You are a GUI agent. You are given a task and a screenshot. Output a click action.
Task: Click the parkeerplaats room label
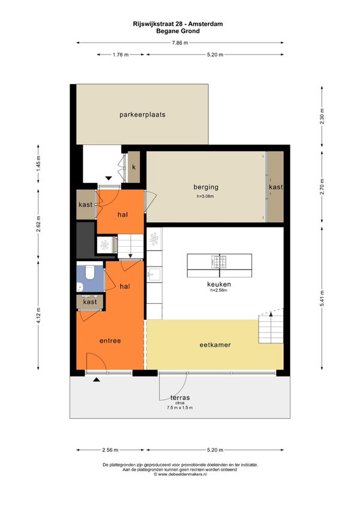142,115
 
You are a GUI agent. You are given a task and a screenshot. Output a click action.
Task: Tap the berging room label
206,187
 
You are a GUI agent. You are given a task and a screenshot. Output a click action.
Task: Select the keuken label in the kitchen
219,284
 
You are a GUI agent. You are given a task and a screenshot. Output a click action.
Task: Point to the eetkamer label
215,345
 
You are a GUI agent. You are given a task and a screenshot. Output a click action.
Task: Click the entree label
110,341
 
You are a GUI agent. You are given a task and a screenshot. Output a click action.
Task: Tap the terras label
180,397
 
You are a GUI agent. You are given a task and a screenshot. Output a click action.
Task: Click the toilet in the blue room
89,272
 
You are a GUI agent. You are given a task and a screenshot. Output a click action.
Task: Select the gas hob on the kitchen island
219,262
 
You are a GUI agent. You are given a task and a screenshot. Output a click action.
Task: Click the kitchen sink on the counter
154,275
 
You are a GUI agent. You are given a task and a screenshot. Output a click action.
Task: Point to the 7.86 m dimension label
180,43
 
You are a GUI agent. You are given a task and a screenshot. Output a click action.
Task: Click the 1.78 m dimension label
121,55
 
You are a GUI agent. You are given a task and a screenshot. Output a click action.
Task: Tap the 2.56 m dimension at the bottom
110,450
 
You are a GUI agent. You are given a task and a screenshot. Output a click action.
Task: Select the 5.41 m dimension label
322,298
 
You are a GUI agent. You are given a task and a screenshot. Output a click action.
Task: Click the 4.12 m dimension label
38,315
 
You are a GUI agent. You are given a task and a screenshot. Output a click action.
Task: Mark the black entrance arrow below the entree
97,379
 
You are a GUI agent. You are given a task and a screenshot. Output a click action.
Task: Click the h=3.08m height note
205,196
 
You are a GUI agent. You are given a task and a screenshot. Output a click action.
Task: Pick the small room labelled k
134,167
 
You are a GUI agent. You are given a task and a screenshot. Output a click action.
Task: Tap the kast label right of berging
275,187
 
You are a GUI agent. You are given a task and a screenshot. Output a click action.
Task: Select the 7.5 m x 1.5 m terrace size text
180,408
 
